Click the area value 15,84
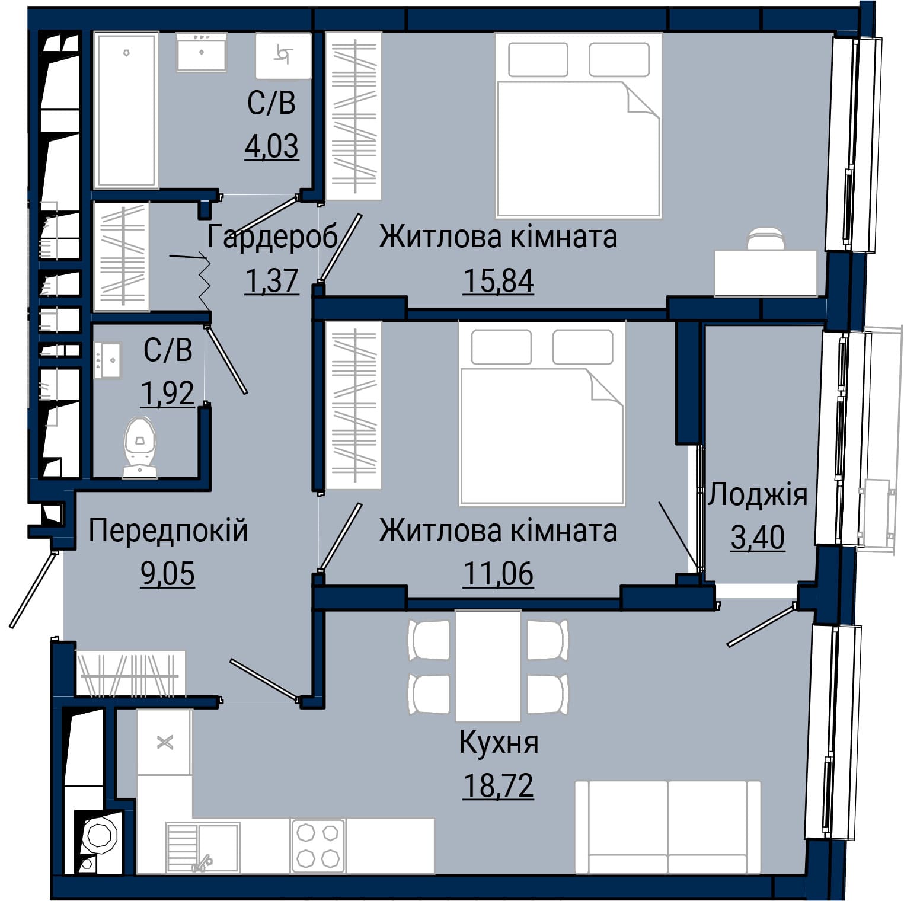point(498,280)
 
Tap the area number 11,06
point(498,574)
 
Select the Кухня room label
point(499,743)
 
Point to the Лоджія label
point(758,494)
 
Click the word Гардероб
point(272,237)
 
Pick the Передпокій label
point(168,531)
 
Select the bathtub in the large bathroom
point(126,110)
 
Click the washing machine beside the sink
point(283,56)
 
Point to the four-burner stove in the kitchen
point(318,846)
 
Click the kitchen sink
point(203,846)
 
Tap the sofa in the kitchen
point(667,826)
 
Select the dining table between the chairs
point(488,665)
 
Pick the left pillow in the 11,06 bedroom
point(501,347)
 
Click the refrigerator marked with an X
point(164,742)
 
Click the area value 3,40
point(758,537)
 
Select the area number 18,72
point(498,785)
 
